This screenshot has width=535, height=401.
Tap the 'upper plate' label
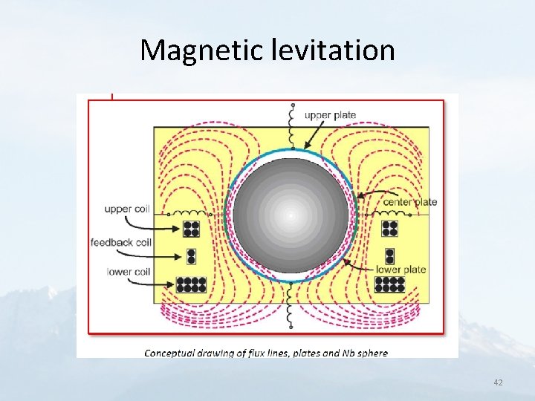[x=330, y=115]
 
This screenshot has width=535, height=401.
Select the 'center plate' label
[x=409, y=201]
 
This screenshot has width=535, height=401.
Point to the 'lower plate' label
[x=401, y=270]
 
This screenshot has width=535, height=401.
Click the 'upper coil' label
[x=128, y=209]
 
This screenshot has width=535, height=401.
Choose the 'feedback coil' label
[x=120, y=242]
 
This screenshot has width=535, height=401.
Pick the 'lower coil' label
[x=129, y=272]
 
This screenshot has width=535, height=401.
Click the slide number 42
[x=498, y=382]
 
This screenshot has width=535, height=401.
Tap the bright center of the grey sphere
[x=291, y=215]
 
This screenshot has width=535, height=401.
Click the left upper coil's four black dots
[x=192, y=228]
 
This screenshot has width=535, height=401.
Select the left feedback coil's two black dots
[x=191, y=256]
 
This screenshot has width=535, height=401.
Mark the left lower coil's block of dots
[x=192, y=284]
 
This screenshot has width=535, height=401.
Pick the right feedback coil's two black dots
[x=391, y=256]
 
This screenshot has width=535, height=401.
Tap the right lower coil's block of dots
[x=390, y=284]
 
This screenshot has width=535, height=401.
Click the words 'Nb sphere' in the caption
[x=363, y=353]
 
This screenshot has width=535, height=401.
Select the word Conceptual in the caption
[x=170, y=353]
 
